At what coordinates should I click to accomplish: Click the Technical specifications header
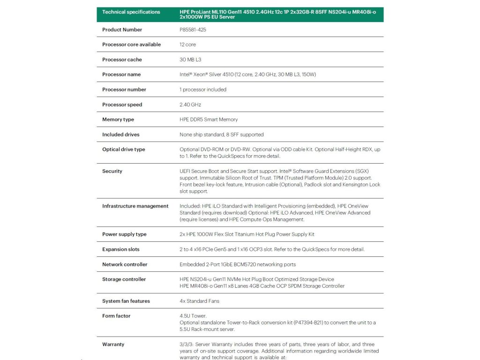pos(131,12)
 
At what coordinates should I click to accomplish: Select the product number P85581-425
pos(193,30)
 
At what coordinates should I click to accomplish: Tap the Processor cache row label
pos(122,60)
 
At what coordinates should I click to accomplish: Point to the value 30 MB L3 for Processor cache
pos(190,60)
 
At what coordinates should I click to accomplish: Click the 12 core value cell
pos(187,45)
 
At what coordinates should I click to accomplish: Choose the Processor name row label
pos(121,75)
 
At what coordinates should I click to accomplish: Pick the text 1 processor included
pos(203,90)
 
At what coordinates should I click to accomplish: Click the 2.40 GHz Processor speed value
pos(190,105)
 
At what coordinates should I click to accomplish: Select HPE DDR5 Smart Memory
pos(209,120)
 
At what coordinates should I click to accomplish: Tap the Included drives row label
pos(120,135)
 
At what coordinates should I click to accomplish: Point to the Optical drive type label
pos(124,150)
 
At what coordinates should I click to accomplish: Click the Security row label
pos(112,171)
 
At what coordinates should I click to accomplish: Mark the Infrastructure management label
pos(135,206)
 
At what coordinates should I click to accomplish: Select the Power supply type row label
pos(124,234)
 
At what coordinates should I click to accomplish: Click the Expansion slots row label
pos(120,249)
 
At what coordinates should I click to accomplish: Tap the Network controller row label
pos(125,264)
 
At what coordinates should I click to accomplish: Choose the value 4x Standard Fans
pos(199,301)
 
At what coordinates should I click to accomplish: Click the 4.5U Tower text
pos(193,316)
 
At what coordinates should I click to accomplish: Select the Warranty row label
pos(113,344)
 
